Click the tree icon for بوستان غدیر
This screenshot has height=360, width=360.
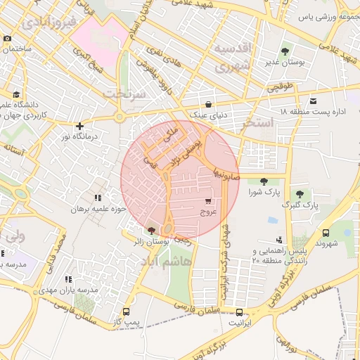285,51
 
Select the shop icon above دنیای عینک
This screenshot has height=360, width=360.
207,103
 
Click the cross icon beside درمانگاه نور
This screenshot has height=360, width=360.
79,125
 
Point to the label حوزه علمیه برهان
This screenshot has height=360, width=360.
100,209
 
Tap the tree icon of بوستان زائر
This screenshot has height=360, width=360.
151,231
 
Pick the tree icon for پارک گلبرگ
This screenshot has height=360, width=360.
300,194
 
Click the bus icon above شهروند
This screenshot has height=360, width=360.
326,233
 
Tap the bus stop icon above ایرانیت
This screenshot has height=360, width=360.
239,312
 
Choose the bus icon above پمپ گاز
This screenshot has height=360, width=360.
126,311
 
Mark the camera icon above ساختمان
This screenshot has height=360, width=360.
8,39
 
